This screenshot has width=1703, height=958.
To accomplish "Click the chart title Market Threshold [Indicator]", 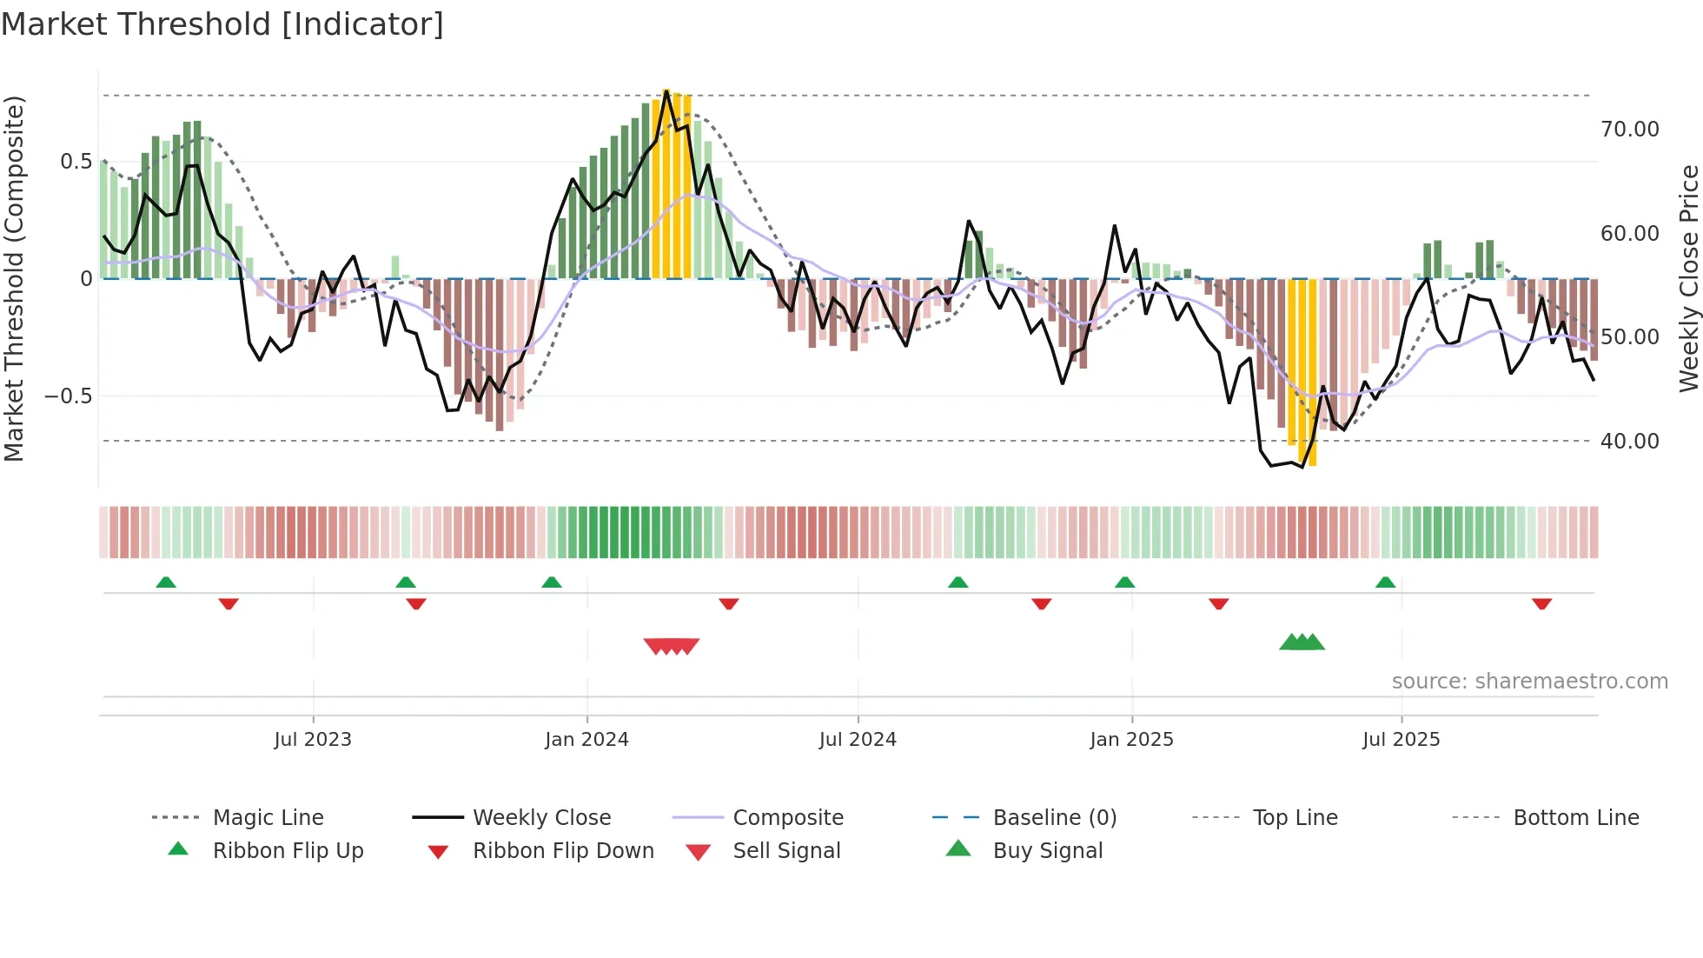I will tap(222, 24).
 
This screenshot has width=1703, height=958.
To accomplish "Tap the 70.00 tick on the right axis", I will tap(1629, 130).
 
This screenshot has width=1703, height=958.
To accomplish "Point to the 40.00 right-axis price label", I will tap(1629, 442).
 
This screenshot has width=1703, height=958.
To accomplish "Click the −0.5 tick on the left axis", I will tap(68, 396).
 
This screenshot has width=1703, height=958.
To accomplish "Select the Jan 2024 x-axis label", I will tap(586, 740).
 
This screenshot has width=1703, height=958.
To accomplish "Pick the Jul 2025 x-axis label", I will tap(1401, 740).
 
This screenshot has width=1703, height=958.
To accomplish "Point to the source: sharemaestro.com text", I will tap(1529, 682).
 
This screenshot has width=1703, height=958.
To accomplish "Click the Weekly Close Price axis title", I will tap(1688, 278).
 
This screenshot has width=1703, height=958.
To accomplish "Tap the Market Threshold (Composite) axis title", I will tap(15, 278).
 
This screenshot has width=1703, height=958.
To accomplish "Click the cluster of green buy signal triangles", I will tap(1302, 642).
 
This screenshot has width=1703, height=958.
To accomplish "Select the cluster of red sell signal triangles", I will tap(672, 646).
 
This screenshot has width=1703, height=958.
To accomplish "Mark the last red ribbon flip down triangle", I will tap(1541, 603).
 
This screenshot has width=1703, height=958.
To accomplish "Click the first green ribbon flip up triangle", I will tap(166, 582).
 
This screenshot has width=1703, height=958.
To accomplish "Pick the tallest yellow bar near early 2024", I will tap(666, 183).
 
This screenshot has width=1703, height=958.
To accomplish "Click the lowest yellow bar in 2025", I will tap(1312, 374).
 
